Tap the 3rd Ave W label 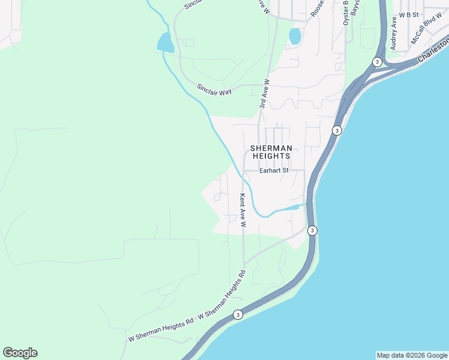[x=265, y=94]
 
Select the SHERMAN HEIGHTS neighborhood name [x=271, y=152]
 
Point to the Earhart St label [x=274, y=170]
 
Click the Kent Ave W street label [x=243, y=210]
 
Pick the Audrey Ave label [x=394, y=33]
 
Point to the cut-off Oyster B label [x=346, y=12]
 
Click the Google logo [x=20, y=353]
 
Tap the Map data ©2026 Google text [x=412, y=355]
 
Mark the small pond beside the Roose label [x=295, y=37]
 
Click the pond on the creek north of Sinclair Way [x=165, y=43]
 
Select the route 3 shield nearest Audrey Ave [x=376, y=62]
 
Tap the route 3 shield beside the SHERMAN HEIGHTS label [x=337, y=130]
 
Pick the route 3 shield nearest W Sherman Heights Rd [x=238, y=314]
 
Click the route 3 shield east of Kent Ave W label [x=312, y=230]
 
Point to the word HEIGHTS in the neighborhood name [x=271, y=156]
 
